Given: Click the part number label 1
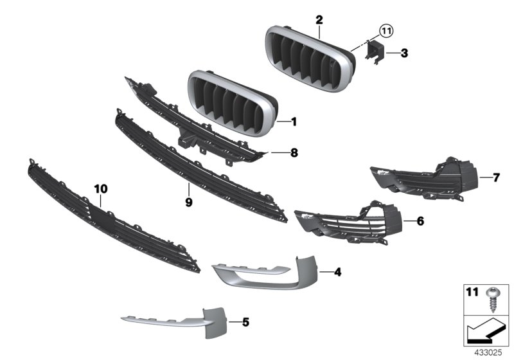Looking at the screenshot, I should [294, 121].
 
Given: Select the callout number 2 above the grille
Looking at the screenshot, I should [319, 20].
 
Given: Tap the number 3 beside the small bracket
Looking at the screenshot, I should [404, 53].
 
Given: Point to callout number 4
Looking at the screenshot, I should [337, 272].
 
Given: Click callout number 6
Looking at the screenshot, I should [420, 221].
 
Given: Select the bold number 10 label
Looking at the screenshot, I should [102, 189].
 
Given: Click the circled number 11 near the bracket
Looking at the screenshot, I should [384, 30].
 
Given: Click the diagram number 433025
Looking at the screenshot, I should [488, 353].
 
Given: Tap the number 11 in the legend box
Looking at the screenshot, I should [472, 292].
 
